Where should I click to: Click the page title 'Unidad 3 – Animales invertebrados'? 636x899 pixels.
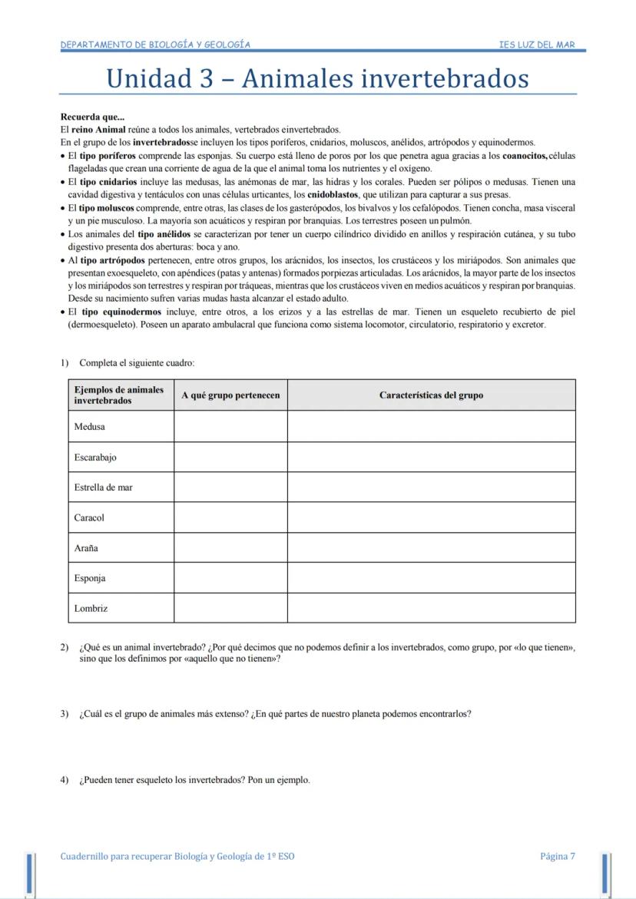tap(317, 78)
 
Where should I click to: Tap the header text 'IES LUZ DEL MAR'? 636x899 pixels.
tap(536, 45)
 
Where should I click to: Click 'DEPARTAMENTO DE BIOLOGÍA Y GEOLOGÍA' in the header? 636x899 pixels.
tap(155, 45)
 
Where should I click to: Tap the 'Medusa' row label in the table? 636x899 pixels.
tap(90, 426)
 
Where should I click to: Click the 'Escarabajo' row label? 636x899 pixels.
tap(95, 457)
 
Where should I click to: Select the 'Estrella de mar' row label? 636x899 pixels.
tap(104, 487)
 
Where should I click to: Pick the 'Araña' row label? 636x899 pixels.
tap(86, 548)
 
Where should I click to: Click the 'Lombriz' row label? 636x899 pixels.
tap(91, 608)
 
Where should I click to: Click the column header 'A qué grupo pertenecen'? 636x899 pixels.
tap(230, 395)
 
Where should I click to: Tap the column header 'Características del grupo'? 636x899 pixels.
tap(431, 395)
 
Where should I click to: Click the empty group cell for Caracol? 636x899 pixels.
tap(230, 517)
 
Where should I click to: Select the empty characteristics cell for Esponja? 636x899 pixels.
tap(431, 578)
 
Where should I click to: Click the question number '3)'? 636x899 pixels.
tap(65, 713)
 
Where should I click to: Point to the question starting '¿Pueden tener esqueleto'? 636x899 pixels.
tap(194, 780)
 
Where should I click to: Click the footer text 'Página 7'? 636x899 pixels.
tap(557, 856)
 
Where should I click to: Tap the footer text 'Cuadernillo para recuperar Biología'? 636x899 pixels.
tap(177, 856)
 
